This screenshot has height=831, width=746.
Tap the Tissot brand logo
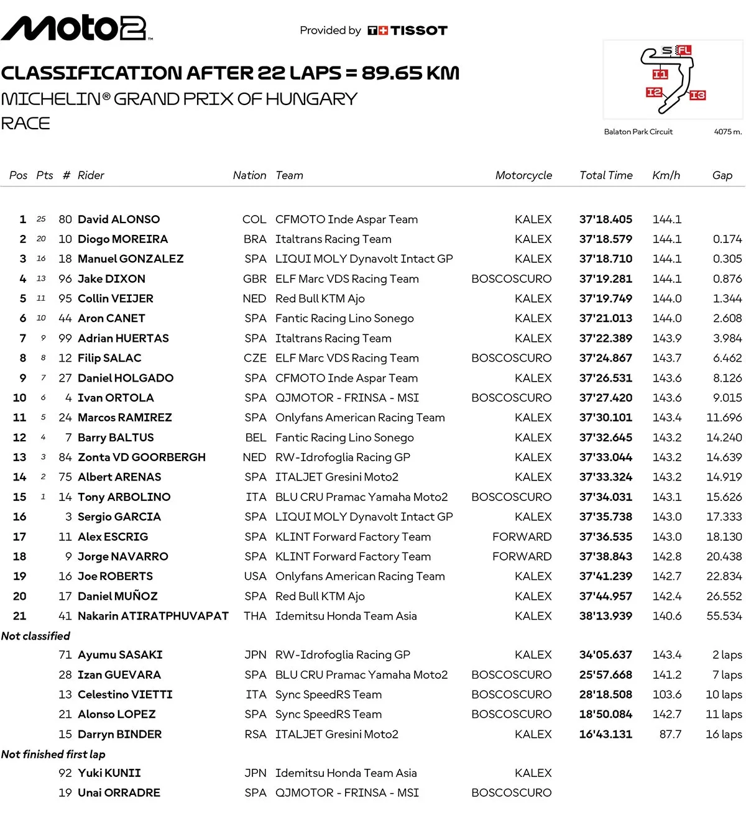[x=408, y=30]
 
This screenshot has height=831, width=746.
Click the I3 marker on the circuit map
[x=698, y=95]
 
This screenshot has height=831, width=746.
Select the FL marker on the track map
[x=684, y=50]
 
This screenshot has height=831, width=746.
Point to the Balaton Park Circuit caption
[x=638, y=132]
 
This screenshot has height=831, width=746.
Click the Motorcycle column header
[x=523, y=175]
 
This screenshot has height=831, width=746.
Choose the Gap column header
[x=722, y=175]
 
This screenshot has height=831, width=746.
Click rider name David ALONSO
[x=119, y=219]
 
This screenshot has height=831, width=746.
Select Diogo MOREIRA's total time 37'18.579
[x=606, y=239]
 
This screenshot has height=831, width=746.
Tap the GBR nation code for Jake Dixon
[x=255, y=279]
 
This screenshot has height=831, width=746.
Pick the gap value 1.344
[x=727, y=299]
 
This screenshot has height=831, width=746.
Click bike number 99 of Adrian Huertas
[x=65, y=339]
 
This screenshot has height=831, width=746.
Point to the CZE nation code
[x=255, y=359]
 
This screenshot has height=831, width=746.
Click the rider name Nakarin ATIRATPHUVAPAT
[x=153, y=616]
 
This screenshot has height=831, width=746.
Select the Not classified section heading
[x=35, y=636]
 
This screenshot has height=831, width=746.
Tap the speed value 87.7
[x=670, y=734]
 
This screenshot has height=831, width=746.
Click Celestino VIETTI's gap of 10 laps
[x=724, y=694]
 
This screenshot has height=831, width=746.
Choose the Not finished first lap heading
[x=53, y=754]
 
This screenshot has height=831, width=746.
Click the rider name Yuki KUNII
[x=109, y=773]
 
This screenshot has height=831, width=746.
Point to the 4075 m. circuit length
[x=727, y=132]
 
